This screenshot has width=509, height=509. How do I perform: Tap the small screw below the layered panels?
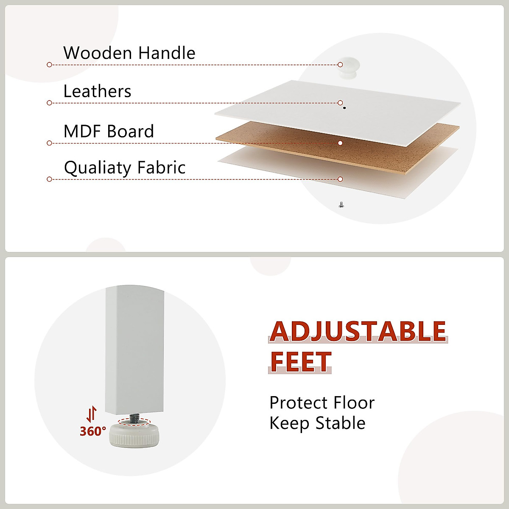pos(341,205)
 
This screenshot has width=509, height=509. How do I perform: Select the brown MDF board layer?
pos(338,148)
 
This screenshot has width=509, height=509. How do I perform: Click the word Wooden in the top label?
pos(97,53)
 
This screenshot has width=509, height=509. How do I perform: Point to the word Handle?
pos(167,53)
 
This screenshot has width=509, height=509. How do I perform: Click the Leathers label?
pos(98,91)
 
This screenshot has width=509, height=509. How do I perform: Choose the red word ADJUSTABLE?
pos(358,331)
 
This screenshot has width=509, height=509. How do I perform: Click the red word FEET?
pos(300,362)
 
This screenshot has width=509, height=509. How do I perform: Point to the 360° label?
pos(93,431)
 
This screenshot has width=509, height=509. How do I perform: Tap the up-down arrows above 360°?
pos(92,414)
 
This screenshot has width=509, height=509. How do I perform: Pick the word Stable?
pos(341,423)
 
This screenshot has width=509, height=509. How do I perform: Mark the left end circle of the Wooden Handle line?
pos(49,65)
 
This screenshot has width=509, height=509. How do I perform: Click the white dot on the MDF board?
pos(340,143)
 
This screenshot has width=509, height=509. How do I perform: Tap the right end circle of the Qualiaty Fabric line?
pos(340,179)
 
